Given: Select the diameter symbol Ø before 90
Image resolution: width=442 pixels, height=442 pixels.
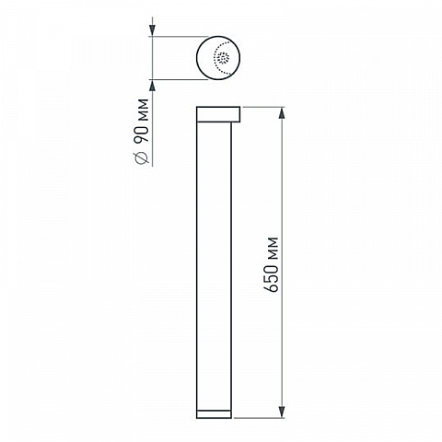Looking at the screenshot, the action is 142,157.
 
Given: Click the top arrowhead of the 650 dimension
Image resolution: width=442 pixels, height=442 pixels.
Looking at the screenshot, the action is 282,113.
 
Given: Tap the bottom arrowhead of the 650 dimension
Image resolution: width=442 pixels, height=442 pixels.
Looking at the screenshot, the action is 282,412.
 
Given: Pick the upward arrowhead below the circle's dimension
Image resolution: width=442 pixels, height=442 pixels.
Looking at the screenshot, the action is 152,86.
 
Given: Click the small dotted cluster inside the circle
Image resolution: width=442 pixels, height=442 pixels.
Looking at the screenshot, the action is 223,57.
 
